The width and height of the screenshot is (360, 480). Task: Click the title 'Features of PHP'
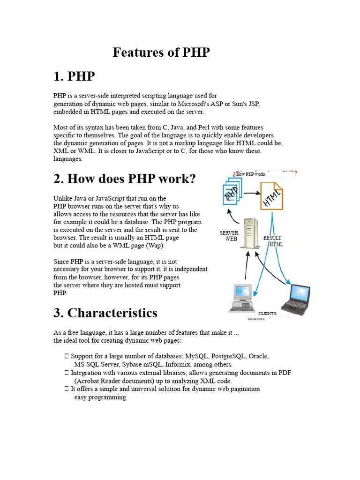[161, 52]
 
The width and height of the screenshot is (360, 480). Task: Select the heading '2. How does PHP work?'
[124, 179]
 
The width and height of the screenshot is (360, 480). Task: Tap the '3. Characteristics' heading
[105, 312]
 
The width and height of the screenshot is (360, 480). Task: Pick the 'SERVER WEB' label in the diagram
[229, 236]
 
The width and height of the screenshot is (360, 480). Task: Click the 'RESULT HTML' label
[273, 241]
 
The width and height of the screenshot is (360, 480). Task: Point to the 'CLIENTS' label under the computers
[268, 313]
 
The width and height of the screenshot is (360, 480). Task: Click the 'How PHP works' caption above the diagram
[251, 174]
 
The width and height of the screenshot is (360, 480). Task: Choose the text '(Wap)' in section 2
[156, 245]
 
